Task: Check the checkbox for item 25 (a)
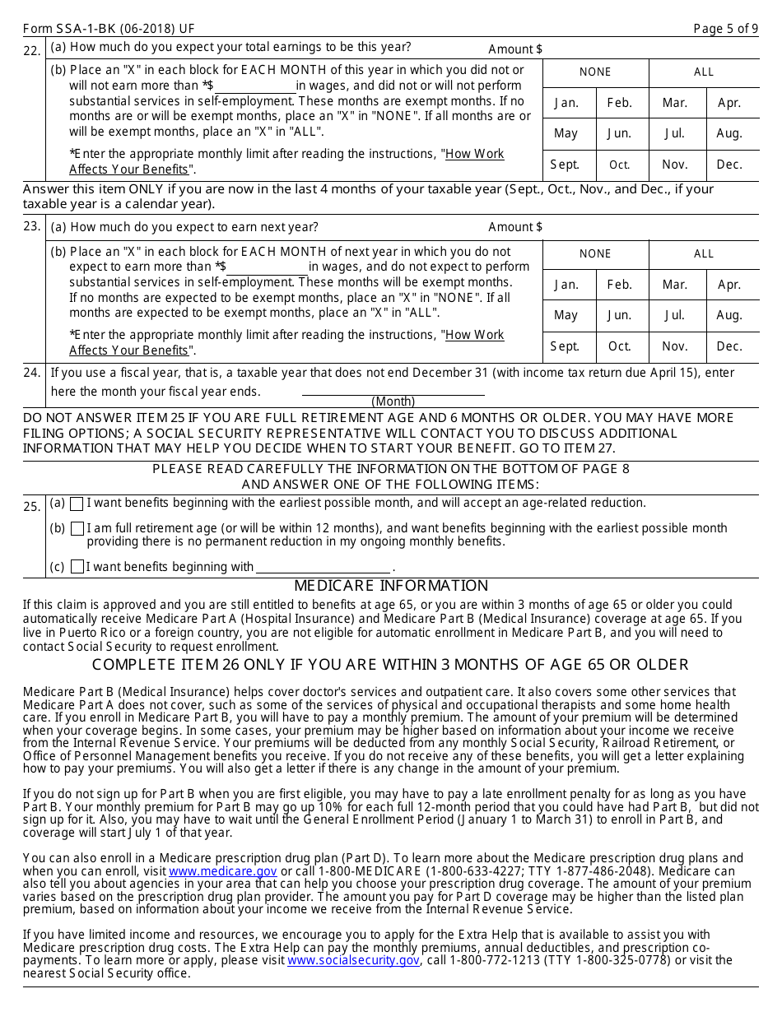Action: [x=77, y=504]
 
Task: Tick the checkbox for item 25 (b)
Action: [x=77, y=529]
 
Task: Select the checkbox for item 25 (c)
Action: [x=77, y=567]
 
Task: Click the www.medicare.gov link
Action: [x=223, y=871]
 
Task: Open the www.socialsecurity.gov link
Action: [x=354, y=960]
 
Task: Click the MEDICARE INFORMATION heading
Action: [x=391, y=586]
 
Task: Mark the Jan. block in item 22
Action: [x=566, y=103]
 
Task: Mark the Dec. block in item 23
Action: [x=729, y=346]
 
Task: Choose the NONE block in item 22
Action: [x=595, y=72]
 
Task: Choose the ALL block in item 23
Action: [x=704, y=254]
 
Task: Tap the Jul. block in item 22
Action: [x=675, y=133]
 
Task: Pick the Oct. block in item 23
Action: [x=620, y=346]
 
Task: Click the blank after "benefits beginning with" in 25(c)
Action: [x=323, y=567]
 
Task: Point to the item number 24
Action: [x=32, y=373]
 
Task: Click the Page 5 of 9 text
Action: [x=725, y=29]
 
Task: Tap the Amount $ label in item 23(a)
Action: [x=515, y=227]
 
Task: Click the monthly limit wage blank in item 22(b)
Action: [x=255, y=86]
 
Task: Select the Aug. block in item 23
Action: [x=729, y=315]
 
